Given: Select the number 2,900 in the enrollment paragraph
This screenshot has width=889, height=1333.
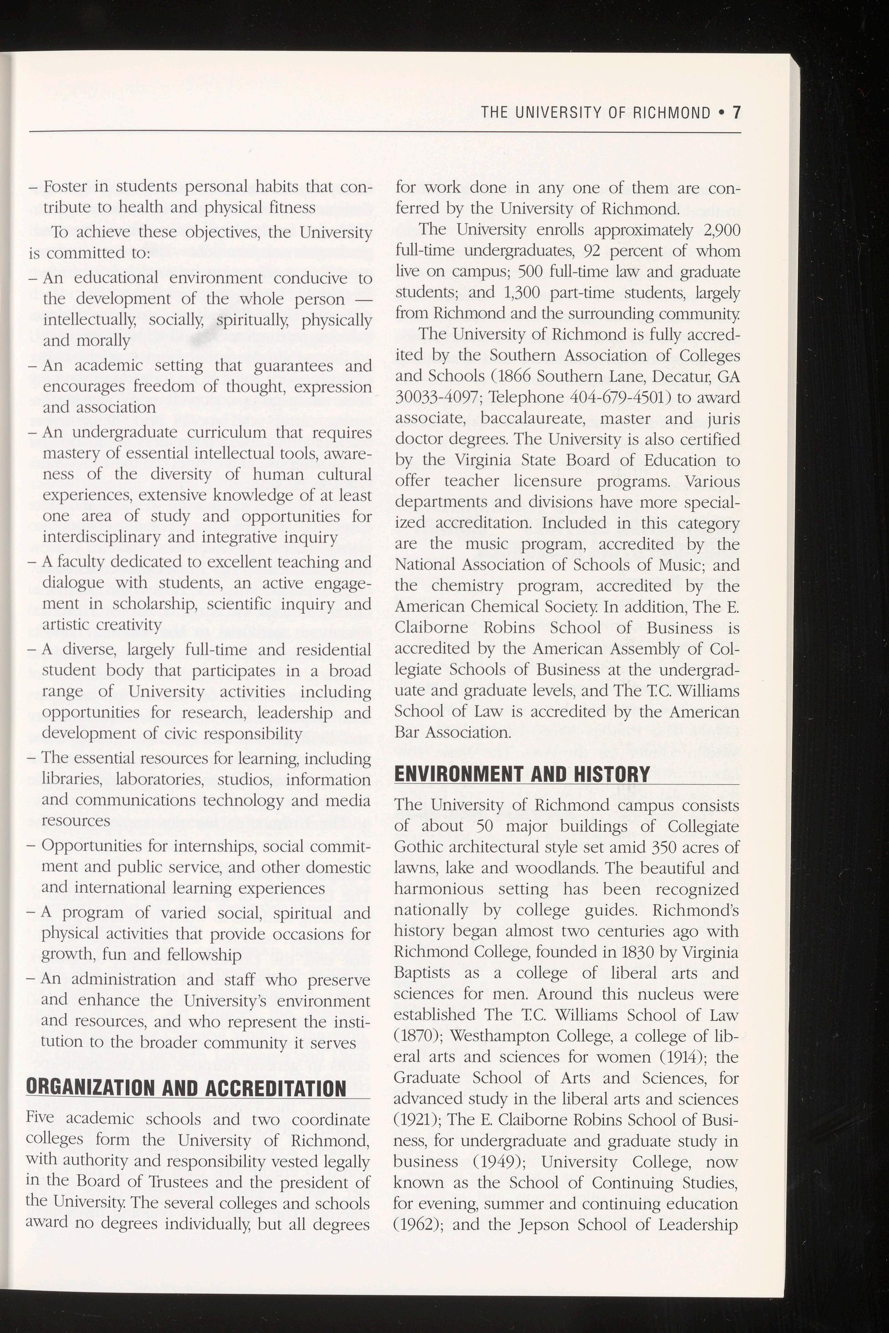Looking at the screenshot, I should (721, 230).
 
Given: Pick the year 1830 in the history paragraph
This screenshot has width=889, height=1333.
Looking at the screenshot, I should (636, 951).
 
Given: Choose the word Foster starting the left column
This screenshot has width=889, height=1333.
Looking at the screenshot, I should (63, 186).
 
